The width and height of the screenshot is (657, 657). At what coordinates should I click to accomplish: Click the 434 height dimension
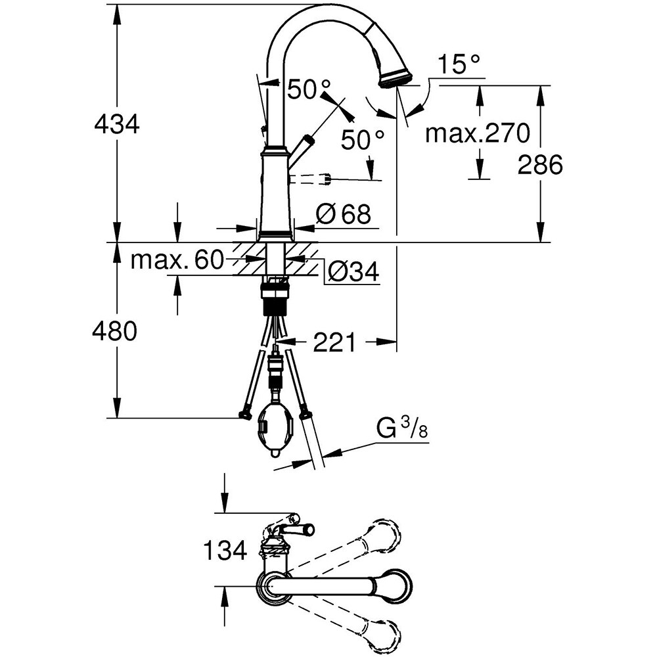tap(117, 124)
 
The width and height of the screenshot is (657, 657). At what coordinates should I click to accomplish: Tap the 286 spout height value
tap(540, 165)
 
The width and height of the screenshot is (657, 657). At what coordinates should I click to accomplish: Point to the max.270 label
tap(477, 133)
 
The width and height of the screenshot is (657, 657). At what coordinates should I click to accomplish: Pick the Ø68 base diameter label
tap(344, 214)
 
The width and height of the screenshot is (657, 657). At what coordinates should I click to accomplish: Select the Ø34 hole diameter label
tap(352, 272)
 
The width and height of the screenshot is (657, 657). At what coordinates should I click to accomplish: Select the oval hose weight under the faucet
tap(272, 428)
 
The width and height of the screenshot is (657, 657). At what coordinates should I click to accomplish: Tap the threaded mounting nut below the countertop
tap(276, 294)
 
